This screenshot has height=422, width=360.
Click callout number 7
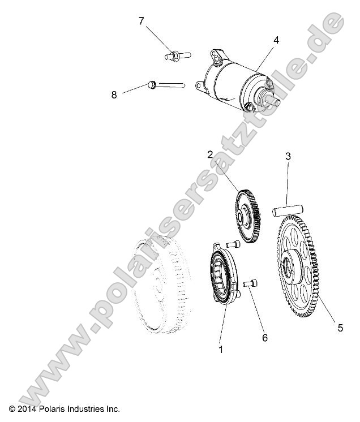[x=142, y=21]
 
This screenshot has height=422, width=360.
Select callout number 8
[x=114, y=95]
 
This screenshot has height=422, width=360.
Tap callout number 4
[x=276, y=40]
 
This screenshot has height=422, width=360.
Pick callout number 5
[x=340, y=328]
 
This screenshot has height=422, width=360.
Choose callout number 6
[x=264, y=338]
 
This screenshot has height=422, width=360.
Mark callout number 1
[x=221, y=350]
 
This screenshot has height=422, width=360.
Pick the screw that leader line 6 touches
[x=249, y=284]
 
